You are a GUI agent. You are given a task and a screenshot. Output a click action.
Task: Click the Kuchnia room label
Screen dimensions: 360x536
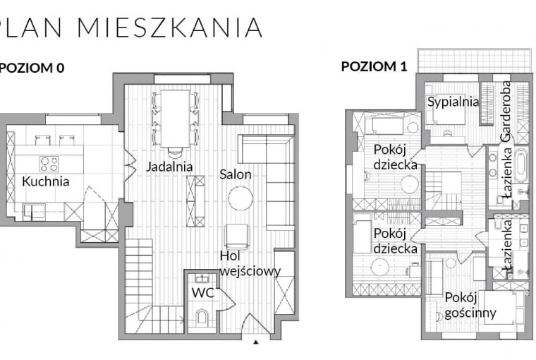pos(46,181)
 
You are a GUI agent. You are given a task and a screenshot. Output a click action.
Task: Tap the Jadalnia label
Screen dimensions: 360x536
pos(169,167)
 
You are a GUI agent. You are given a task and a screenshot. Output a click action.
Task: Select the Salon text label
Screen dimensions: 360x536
pos(236,174)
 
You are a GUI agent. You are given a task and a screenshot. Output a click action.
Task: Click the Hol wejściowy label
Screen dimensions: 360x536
pos(250,263)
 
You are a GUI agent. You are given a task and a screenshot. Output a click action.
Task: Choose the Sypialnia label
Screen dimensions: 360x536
pos(453,102)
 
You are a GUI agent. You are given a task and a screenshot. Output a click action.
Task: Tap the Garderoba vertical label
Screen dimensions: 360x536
pos(506,111)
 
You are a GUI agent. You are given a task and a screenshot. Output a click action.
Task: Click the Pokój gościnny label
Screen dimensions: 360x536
pos(470,305)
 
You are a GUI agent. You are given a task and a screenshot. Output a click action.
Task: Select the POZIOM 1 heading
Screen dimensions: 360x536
pos(374,67)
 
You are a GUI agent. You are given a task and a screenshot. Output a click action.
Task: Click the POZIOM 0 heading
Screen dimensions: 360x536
pos(32,68)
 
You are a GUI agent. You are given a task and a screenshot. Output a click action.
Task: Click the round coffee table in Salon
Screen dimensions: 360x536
pos(240,198)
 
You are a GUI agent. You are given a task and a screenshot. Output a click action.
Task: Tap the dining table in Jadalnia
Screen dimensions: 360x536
pos(175,118)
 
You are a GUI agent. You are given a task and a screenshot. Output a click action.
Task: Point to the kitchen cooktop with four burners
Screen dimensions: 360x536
pos(49,164)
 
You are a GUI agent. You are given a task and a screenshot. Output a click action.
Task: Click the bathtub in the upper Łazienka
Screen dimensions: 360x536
pos(520,165)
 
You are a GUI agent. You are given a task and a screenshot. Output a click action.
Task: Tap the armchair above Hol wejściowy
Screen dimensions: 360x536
pos(237,235)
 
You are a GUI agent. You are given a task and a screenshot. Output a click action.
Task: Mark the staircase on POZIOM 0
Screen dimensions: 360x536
pos(140,282)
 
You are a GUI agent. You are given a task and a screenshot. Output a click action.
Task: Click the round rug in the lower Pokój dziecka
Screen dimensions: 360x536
pos(380,267)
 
